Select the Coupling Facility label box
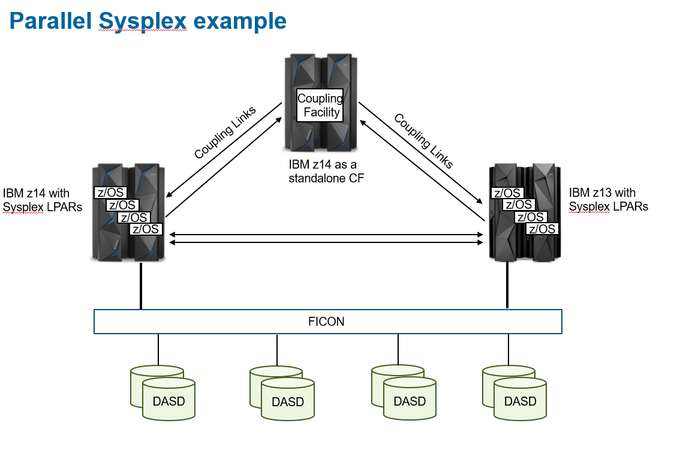[320, 106]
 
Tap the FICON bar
[327, 322]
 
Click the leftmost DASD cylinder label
[168, 400]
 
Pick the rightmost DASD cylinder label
[520, 401]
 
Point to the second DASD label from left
[288, 401]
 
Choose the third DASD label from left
[410, 401]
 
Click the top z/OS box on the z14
[110, 193]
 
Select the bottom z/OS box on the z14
[146, 229]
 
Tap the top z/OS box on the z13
[507, 193]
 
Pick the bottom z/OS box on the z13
[542, 229]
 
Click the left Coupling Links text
[225, 133]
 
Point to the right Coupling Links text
[423, 140]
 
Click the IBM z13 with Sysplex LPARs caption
[608, 200]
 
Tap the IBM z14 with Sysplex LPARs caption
[42, 200]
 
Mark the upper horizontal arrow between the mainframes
[327, 234]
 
